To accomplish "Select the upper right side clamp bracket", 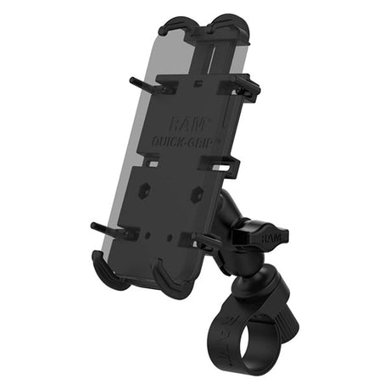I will click(242, 85).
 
